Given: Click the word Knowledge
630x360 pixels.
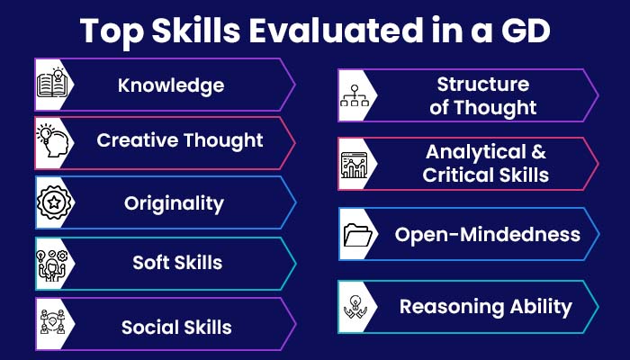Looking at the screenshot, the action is coord(171,85).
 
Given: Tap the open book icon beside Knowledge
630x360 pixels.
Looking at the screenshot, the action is coord(52,83).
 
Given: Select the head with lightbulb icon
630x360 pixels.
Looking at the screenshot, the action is coord(52,140).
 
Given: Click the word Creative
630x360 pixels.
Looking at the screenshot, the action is coord(138,140).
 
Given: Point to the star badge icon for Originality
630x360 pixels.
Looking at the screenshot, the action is coord(54,202).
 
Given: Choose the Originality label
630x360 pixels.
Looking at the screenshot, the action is coord(174,203).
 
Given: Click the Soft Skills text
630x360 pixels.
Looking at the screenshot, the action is coord(177,263).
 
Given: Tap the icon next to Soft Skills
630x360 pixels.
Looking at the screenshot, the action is coord(52,265).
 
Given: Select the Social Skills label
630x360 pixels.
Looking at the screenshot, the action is coord(176,327).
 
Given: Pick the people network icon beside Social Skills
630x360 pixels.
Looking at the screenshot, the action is coord(52,322).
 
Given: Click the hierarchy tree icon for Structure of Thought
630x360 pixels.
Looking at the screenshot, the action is coord(355,95).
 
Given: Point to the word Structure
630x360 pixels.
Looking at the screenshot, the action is coord(483,85).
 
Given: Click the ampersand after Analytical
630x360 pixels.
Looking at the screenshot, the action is coord(538,152).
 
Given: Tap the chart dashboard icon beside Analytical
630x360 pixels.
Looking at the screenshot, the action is coord(354,165).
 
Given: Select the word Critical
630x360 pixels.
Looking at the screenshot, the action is coord(454,175).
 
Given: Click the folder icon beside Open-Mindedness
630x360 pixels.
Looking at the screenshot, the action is coord(357,235).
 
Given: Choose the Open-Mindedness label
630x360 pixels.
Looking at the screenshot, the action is coord(488,234).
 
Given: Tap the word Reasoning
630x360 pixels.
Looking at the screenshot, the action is coord(452,308).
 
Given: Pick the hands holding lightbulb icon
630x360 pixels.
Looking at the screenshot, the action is coord(355,307).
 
